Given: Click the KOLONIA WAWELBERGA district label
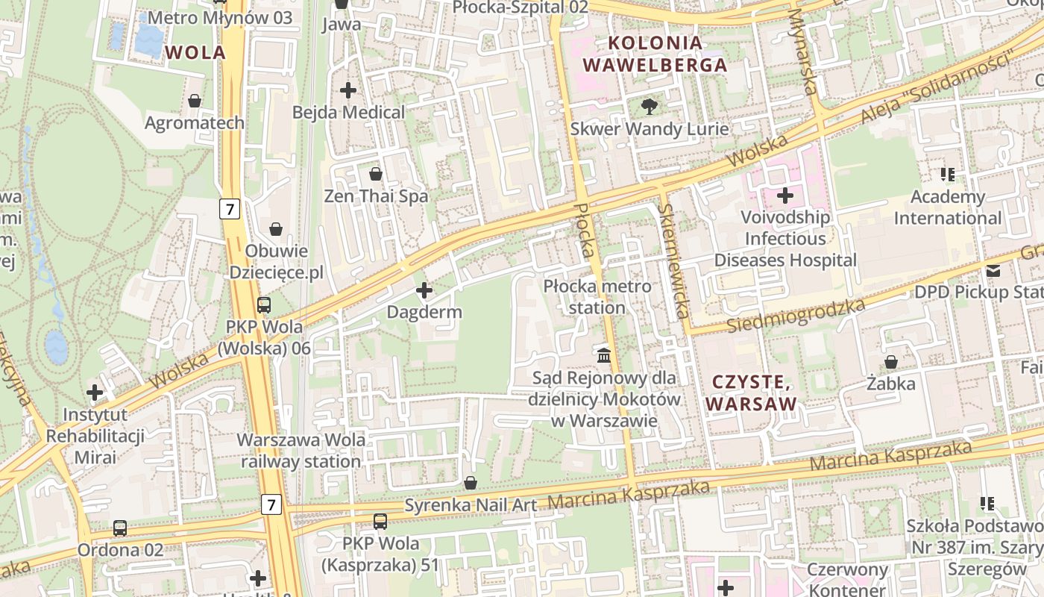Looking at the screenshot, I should (x=655, y=54).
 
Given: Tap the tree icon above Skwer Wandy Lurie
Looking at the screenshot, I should (x=650, y=107).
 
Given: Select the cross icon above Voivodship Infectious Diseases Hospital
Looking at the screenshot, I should (x=785, y=196).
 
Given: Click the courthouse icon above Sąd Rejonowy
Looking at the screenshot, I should (x=604, y=355).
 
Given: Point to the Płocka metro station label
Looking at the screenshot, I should (x=597, y=296).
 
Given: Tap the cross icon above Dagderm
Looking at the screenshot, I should (x=424, y=290).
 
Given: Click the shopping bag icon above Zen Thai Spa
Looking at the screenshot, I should (x=376, y=174).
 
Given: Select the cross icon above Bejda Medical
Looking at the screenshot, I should (x=348, y=90).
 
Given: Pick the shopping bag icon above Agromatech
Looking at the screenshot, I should (x=195, y=101).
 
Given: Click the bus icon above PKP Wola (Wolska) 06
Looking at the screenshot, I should (x=264, y=304).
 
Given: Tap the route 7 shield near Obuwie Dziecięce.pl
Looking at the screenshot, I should (x=230, y=209).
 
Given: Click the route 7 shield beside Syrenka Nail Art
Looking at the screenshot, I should (x=271, y=505).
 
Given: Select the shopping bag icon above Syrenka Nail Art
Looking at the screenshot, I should (x=471, y=483).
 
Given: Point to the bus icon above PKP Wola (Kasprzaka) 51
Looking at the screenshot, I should (x=380, y=521).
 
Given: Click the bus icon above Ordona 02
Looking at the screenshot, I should (x=120, y=528).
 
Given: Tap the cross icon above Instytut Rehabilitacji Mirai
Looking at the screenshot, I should (x=95, y=392).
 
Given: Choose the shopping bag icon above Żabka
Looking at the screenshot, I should (x=891, y=362).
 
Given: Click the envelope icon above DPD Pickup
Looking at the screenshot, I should (x=993, y=271).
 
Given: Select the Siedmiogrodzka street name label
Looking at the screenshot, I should (x=796, y=316).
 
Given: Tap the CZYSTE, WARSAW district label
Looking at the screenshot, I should (x=751, y=393).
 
